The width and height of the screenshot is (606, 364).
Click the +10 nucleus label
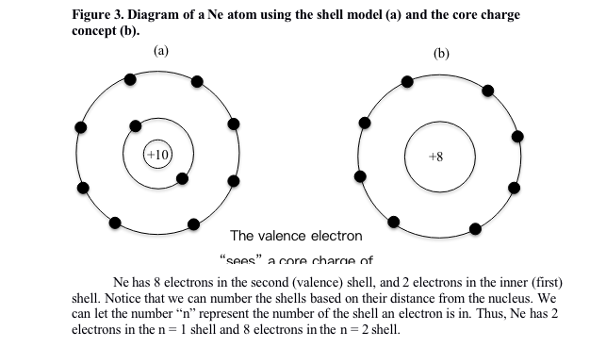(157, 155)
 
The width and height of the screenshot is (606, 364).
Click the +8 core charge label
(434, 157)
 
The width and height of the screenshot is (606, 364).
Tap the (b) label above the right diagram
(441, 53)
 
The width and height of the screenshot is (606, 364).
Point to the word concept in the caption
(96, 30)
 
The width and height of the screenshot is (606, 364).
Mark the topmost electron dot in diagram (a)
(197, 81)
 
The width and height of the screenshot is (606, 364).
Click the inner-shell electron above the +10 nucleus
(137, 124)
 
